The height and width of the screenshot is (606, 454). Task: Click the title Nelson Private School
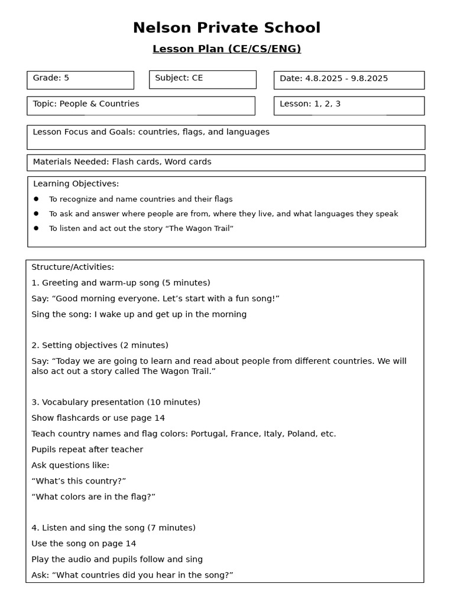226,28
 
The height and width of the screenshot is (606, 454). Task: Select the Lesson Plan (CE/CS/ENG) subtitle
226,49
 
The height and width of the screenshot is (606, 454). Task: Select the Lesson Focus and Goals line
151,132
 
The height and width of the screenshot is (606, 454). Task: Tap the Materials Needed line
122,162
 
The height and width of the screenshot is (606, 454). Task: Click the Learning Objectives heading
76,184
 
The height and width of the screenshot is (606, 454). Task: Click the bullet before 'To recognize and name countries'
36,199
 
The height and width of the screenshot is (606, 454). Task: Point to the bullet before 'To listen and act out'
36,228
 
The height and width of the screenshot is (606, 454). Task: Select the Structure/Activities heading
73,267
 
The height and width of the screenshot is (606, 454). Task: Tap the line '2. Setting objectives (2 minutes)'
100,346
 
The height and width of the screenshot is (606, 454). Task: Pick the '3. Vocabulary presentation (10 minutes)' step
116,402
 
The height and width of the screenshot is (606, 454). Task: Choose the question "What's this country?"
79,481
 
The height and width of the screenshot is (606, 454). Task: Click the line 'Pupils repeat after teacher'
87,450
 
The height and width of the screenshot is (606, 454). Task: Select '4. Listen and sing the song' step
113,528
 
